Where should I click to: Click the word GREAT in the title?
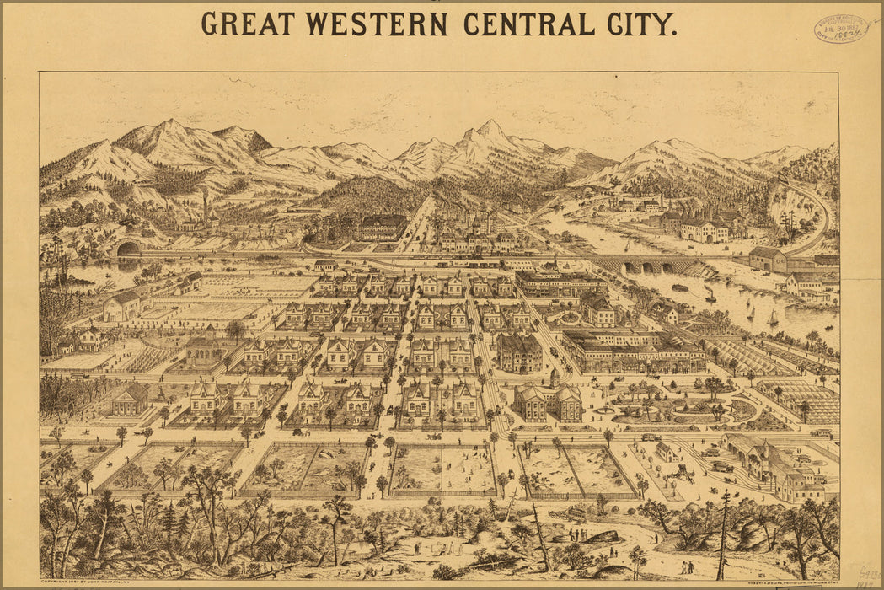pos(248,24)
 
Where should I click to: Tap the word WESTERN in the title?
pos(375,24)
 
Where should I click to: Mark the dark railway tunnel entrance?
pos(129,249)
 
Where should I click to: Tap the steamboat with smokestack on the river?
pos(710,294)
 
